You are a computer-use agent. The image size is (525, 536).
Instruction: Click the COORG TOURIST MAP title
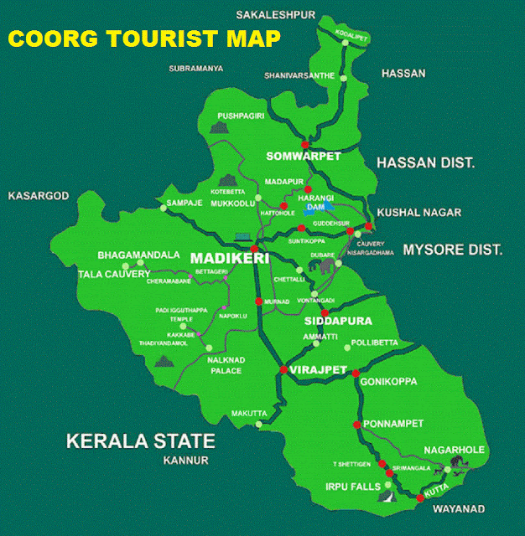(144, 39)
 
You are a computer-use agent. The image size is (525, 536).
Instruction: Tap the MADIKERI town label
(229, 258)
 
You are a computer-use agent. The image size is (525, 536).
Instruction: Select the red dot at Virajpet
(283, 370)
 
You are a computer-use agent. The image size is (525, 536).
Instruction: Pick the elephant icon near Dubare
(325, 266)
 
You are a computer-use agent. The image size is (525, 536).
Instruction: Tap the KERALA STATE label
(141, 441)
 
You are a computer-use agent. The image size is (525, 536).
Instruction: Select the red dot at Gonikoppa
(356, 373)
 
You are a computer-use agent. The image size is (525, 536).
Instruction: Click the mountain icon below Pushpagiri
(220, 128)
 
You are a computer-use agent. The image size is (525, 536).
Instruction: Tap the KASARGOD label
(38, 196)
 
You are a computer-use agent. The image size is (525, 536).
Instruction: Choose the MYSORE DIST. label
(452, 250)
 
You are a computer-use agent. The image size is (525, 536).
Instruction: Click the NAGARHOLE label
(454, 450)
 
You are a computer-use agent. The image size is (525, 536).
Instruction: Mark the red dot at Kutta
(420, 498)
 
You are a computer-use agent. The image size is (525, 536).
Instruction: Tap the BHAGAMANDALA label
(138, 255)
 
